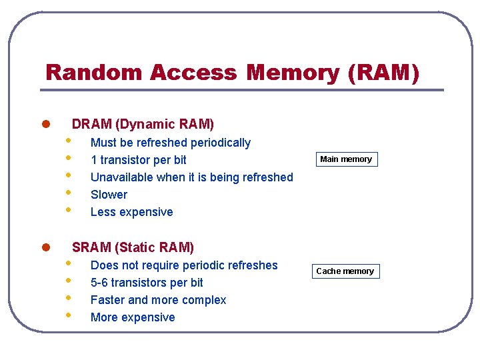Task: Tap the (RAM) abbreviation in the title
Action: coord(384,72)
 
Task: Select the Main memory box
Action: coord(346,159)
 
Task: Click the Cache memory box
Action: coord(345,271)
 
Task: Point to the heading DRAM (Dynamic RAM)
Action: coord(143,124)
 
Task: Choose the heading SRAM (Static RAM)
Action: coord(133,248)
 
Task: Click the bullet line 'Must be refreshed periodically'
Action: coord(170,143)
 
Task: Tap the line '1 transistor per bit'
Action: coord(138,160)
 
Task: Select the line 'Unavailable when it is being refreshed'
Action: coord(191,177)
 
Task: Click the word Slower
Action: coord(109,195)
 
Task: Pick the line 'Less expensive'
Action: coord(131,212)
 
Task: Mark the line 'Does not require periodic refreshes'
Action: coord(183,265)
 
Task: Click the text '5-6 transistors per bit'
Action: coord(147,283)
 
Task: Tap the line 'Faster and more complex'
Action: coord(158,300)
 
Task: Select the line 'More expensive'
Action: coord(133,317)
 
